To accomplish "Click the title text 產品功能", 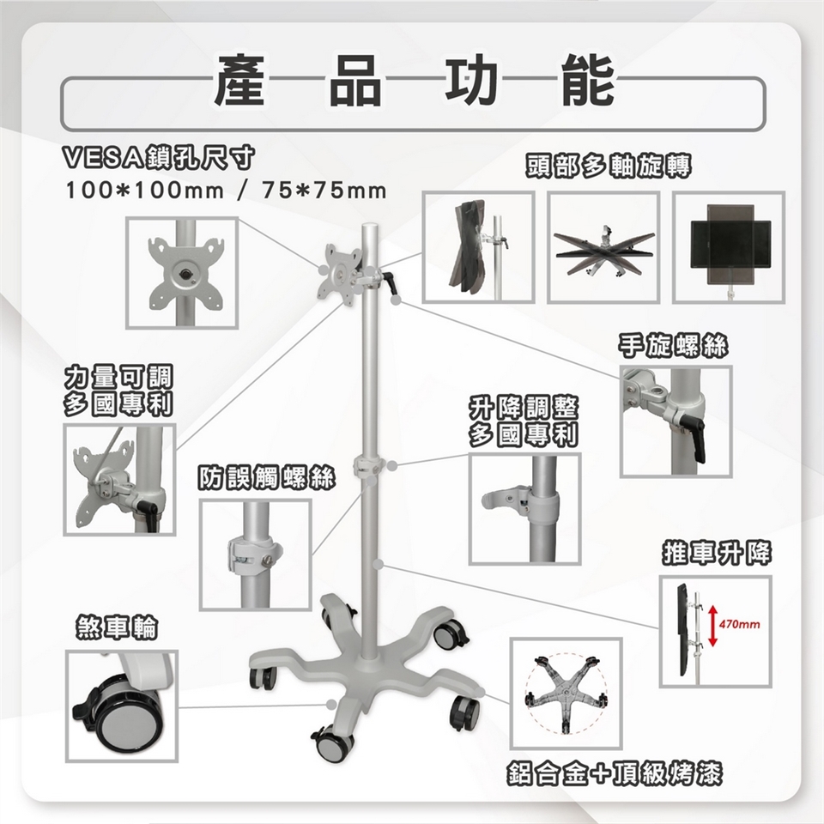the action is pyautogui.click(x=414, y=81).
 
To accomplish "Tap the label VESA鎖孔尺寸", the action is pyautogui.click(x=158, y=157).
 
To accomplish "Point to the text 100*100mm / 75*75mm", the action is pyautogui.click(x=226, y=191).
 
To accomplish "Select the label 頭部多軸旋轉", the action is pyautogui.click(x=608, y=167).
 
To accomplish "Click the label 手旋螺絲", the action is pyautogui.click(x=673, y=346).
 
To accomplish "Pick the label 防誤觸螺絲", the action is pyautogui.click(x=266, y=478).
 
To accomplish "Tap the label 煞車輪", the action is pyautogui.click(x=117, y=627).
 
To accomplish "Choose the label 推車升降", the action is pyautogui.click(x=716, y=553).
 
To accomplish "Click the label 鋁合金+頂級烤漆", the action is pyautogui.click(x=615, y=773).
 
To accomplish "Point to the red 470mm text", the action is pyautogui.click(x=739, y=624).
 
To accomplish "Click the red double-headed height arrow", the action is pyautogui.click(x=712, y=626).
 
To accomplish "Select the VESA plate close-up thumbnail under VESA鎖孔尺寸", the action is pyautogui.click(x=182, y=273).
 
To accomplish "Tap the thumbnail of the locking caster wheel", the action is pyautogui.click(x=122, y=706).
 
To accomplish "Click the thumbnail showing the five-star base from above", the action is pyautogui.click(x=566, y=694).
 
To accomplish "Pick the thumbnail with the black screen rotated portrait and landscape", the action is pyautogui.click(x=729, y=247).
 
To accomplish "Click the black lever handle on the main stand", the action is pyautogui.click(x=390, y=282).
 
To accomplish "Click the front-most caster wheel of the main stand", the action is pyautogui.click(x=332, y=741).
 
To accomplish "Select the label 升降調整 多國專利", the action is pyautogui.click(x=523, y=421).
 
